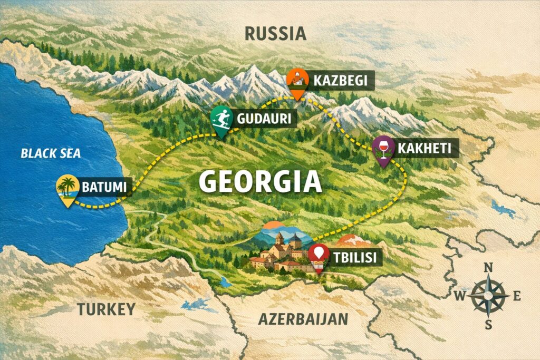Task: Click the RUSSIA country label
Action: pyautogui.click(x=275, y=34)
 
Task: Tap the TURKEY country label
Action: pyautogui.click(x=107, y=309)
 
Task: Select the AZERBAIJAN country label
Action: pyautogui.click(x=303, y=319)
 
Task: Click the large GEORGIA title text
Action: pyautogui.click(x=261, y=182)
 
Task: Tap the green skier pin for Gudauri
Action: pyautogui.click(x=221, y=120)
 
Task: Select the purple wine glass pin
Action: pyautogui.click(x=382, y=148)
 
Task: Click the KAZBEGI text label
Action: pyautogui.click(x=343, y=81)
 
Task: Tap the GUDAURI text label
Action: pyautogui.click(x=264, y=119)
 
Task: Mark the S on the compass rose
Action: pyautogui.click(x=488, y=324)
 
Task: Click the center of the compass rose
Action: pyautogui.click(x=488, y=296)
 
